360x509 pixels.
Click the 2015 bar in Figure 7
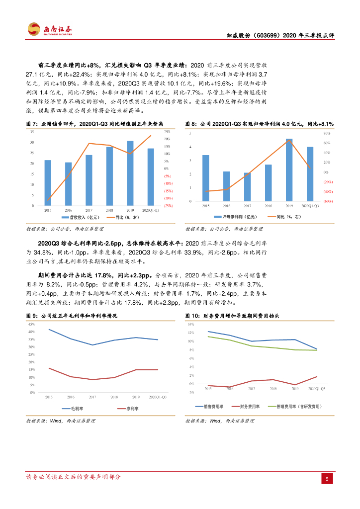48,182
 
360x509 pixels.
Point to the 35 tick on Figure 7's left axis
32,132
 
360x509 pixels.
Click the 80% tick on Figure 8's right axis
327,134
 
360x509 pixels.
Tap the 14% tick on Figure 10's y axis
189,324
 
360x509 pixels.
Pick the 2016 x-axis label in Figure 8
226,205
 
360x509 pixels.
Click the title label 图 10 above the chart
192,316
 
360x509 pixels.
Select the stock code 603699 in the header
270,36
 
